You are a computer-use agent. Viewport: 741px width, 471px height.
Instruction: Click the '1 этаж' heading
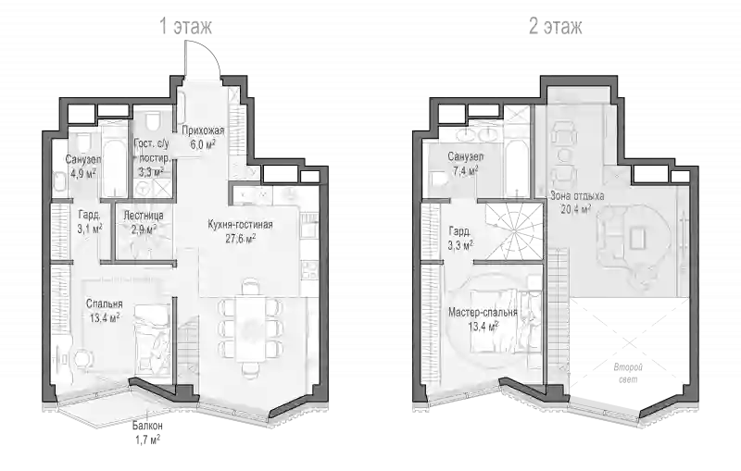point(186,27)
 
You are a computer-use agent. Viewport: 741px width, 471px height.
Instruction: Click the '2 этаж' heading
point(556,27)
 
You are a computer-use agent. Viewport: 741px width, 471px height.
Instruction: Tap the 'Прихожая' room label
point(203,130)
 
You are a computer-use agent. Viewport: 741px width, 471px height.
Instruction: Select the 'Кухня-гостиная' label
point(240,225)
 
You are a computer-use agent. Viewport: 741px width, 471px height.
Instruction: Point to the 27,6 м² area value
point(241,239)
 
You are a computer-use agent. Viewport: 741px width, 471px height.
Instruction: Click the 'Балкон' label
point(147,426)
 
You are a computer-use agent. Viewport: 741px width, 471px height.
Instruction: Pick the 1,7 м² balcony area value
point(146,440)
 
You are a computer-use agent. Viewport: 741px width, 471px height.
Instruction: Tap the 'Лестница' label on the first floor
point(144,216)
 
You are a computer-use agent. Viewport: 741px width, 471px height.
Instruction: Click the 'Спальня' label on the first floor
point(104,304)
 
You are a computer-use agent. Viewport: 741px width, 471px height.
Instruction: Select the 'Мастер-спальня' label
point(483,312)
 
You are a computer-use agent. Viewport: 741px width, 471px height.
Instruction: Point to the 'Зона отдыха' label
point(577,195)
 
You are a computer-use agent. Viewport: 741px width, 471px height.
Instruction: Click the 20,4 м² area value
point(576,209)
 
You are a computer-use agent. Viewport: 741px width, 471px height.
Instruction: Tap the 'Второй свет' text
point(628,373)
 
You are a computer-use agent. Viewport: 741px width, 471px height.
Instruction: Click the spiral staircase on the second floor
point(514,231)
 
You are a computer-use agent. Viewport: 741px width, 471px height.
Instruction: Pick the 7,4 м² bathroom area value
point(465,171)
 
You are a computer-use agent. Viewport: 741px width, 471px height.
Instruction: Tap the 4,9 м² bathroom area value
point(83,173)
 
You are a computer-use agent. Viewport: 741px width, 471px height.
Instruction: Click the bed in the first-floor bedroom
point(150,339)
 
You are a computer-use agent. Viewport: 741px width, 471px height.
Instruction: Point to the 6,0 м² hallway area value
point(203,144)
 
